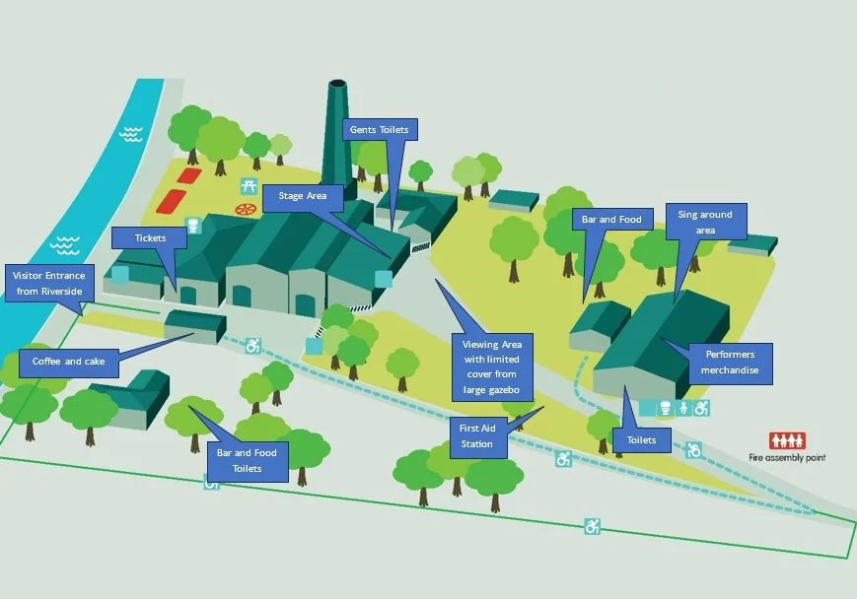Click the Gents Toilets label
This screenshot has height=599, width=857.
[379, 130]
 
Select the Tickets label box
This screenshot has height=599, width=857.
[150, 237]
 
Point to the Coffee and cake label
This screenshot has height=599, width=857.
[68, 362]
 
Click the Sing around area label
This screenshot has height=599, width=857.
[705, 222]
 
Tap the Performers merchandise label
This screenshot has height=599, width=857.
[731, 362]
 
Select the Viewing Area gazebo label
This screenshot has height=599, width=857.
[491, 366]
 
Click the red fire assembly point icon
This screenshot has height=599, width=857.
[788, 440]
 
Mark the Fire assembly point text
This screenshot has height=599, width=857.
[787, 457]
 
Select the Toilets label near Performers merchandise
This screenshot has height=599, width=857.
[641, 439]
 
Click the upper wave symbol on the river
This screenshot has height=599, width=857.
[130, 132]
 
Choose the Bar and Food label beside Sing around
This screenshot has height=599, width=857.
[612, 220]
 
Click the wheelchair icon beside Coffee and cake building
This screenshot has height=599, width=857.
[253, 346]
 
